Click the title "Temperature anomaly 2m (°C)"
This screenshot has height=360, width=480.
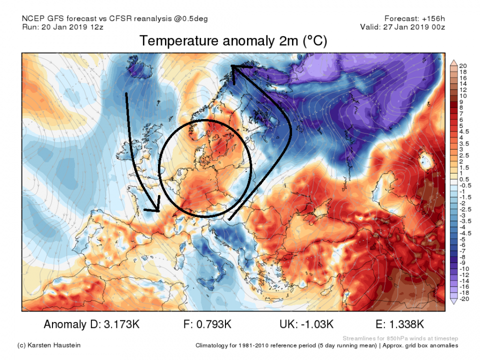[x=233, y=41]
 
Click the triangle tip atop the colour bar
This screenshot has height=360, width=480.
[x=454, y=62]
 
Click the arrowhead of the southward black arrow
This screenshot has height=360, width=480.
[x=156, y=209]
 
